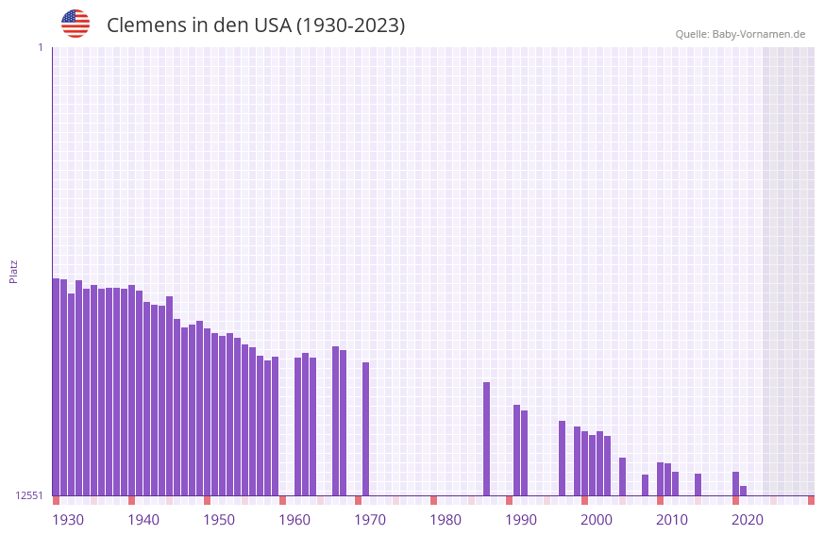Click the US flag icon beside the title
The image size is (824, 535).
pyautogui.click(x=76, y=24)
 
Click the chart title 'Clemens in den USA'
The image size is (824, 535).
pyautogui.click(x=255, y=25)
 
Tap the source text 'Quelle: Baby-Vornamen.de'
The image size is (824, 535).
pyautogui.click(x=740, y=34)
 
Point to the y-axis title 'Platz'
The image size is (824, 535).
pyautogui.click(x=13, y=271)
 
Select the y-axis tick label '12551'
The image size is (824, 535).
pyautogui.click(x=29, y=495)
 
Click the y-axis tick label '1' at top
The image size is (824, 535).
pyautogui.click(x=40, y=47)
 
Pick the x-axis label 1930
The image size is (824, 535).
pyautogui.click(x=68, y=520)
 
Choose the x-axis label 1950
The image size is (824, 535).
pyautogui.click(x=219, y=520)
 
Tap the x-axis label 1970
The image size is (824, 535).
pyautogui.click(x=370, y=520)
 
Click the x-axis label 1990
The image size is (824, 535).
pyautogui.click(x=521, y=520)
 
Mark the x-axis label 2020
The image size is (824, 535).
pyautogui.click(x=748, y=520)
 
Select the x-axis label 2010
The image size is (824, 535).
pyautogui.click(x=672, y=520)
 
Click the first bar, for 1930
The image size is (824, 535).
pyautogui.click(x=57, y=387)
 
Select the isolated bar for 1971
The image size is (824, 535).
pyautogui.click(x=366, y=429)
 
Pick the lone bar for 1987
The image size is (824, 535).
pyautogui.click(x=487, y=439)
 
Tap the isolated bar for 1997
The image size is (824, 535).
pyautogui.click(x=563, y=458)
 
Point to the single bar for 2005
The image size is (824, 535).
pyautogui.click(x=623, y=476)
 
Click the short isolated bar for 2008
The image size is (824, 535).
pyautogui.click(x=646, y=485)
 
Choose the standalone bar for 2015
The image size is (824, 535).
pyautogui.click(x=698, y=484)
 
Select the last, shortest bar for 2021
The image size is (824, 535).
pyautogui.click(x=744, y=491)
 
